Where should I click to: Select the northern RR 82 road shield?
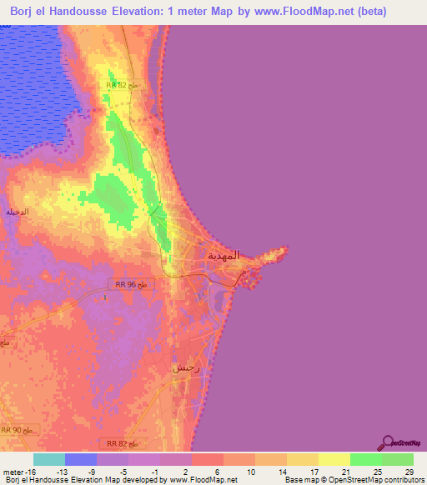click(123, 85)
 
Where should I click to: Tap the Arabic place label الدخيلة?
click(18, 212)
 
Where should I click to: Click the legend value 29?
click(408, 471)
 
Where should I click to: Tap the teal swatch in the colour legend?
click(49, 459)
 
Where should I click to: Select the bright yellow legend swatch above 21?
click(334, 459)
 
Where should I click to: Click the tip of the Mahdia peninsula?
click(287, 247)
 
